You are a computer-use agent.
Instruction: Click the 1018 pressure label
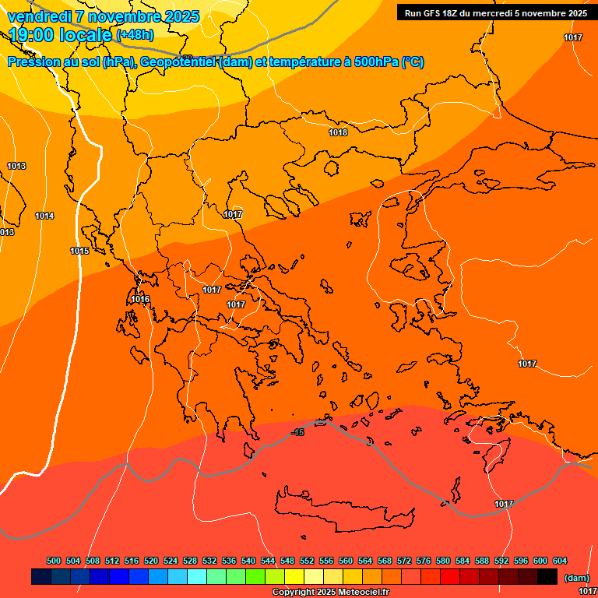point(338,132)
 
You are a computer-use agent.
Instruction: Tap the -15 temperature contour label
point(297,431)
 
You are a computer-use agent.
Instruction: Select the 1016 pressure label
point(140,299)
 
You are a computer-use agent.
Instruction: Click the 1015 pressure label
point(79,251)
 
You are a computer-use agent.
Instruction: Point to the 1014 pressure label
point(44,216)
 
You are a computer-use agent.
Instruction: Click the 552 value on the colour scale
point(307,561)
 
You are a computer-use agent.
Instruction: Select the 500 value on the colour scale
point(54,561)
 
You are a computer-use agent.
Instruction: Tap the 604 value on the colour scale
point(560,561)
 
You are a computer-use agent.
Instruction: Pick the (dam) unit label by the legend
point(576,578)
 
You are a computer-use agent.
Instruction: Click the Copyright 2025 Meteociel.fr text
point(331,592)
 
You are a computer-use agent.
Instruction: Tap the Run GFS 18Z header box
point(495,13)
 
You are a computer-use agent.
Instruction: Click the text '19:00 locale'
point(60,35)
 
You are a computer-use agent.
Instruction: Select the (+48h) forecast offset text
point(135,35)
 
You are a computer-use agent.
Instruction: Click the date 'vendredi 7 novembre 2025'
point(103,16)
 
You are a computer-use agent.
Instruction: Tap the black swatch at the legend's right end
point(547,576)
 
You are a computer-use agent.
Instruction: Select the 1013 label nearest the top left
point(16,166)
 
